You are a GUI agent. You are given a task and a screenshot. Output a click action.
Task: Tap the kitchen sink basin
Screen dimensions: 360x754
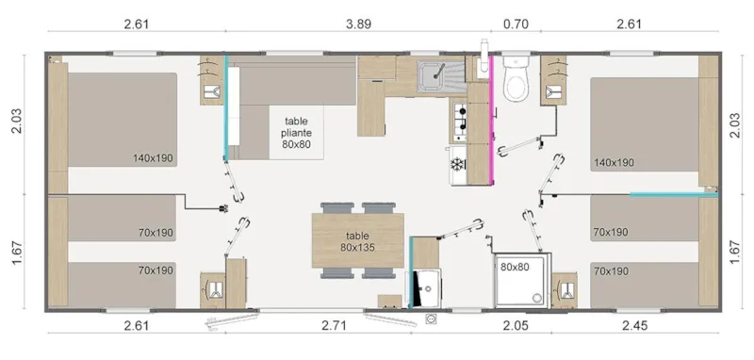(x=435, y=72)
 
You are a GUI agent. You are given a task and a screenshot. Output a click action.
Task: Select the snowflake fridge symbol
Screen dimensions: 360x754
(x=459, y=164)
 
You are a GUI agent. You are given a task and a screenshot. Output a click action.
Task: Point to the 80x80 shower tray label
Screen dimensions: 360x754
(x=514, y=267)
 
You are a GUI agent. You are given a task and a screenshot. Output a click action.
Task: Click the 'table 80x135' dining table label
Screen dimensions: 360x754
(x=357, y=242)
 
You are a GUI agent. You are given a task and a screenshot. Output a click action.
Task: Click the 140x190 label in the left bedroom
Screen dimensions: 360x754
(x=153, y=158)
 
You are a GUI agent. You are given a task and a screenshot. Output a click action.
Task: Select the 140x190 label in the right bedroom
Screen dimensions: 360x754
(x=614, y=162)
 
